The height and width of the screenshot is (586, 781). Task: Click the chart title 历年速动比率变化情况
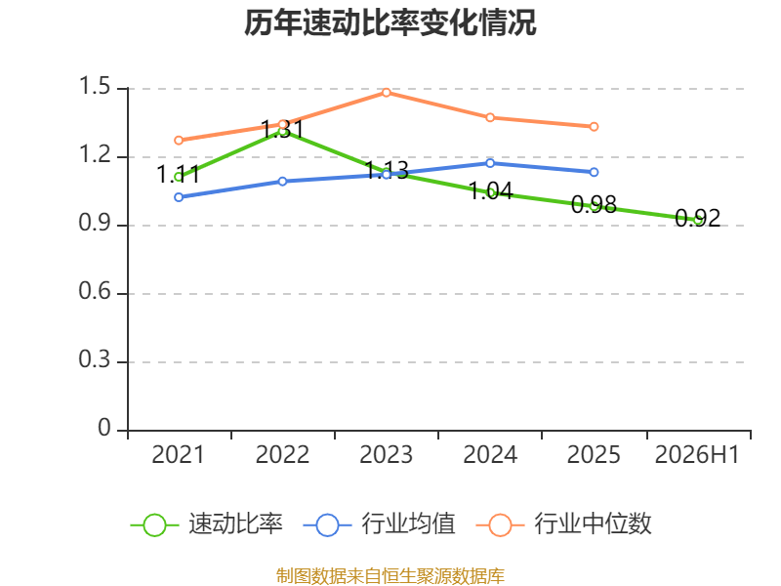click(x=390, y=22)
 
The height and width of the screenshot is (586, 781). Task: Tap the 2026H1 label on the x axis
click(x=697, y=455)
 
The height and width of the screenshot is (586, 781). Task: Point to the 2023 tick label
click(x=386, y=455)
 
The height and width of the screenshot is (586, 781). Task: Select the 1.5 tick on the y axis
click(x=95, y=86)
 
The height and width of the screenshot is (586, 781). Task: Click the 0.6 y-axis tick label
click(x=95, y=291)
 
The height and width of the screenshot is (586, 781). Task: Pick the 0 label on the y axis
click(x=104, y=428)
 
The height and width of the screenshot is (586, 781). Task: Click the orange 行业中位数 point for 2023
click(x=386, y=92)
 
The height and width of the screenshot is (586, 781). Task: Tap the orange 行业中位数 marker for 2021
click(x=179, y=141)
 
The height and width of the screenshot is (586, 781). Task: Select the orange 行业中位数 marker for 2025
click(x=594, y=127)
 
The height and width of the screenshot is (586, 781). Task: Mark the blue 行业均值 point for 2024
click(x=490, y=163)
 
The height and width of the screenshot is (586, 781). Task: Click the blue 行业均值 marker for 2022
click(x=282, y=182)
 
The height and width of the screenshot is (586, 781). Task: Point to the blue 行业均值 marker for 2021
click(x=179, y=197)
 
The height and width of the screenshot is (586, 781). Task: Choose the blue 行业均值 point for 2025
click(x=594, y=172)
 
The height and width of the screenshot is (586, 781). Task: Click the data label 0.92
click(x=697, y=218)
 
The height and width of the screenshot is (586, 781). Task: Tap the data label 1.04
click(x=491, y=190)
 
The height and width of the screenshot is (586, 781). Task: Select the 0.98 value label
click(x=594, y=204)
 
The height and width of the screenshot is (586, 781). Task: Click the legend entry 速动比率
click(x=206, y=524)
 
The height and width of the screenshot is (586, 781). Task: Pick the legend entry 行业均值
click(x=379, y=524)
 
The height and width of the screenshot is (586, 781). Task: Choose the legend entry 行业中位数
click(x=564, y=524)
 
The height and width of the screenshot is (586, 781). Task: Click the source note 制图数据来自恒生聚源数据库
click(x=390, y=576)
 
